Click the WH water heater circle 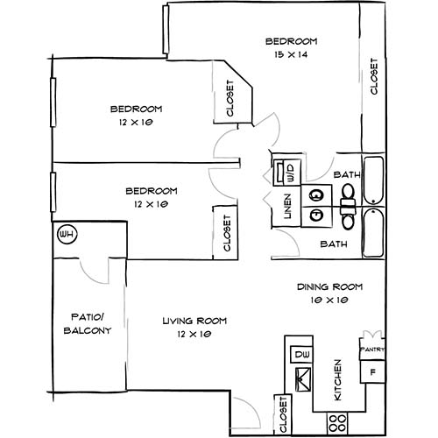coord(65,235)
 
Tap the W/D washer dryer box coord(287,171)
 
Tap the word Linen coord(286,210)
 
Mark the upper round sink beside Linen coord(316,195)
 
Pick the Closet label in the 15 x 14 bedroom coord(374,77)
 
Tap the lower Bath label coord(333,244)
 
